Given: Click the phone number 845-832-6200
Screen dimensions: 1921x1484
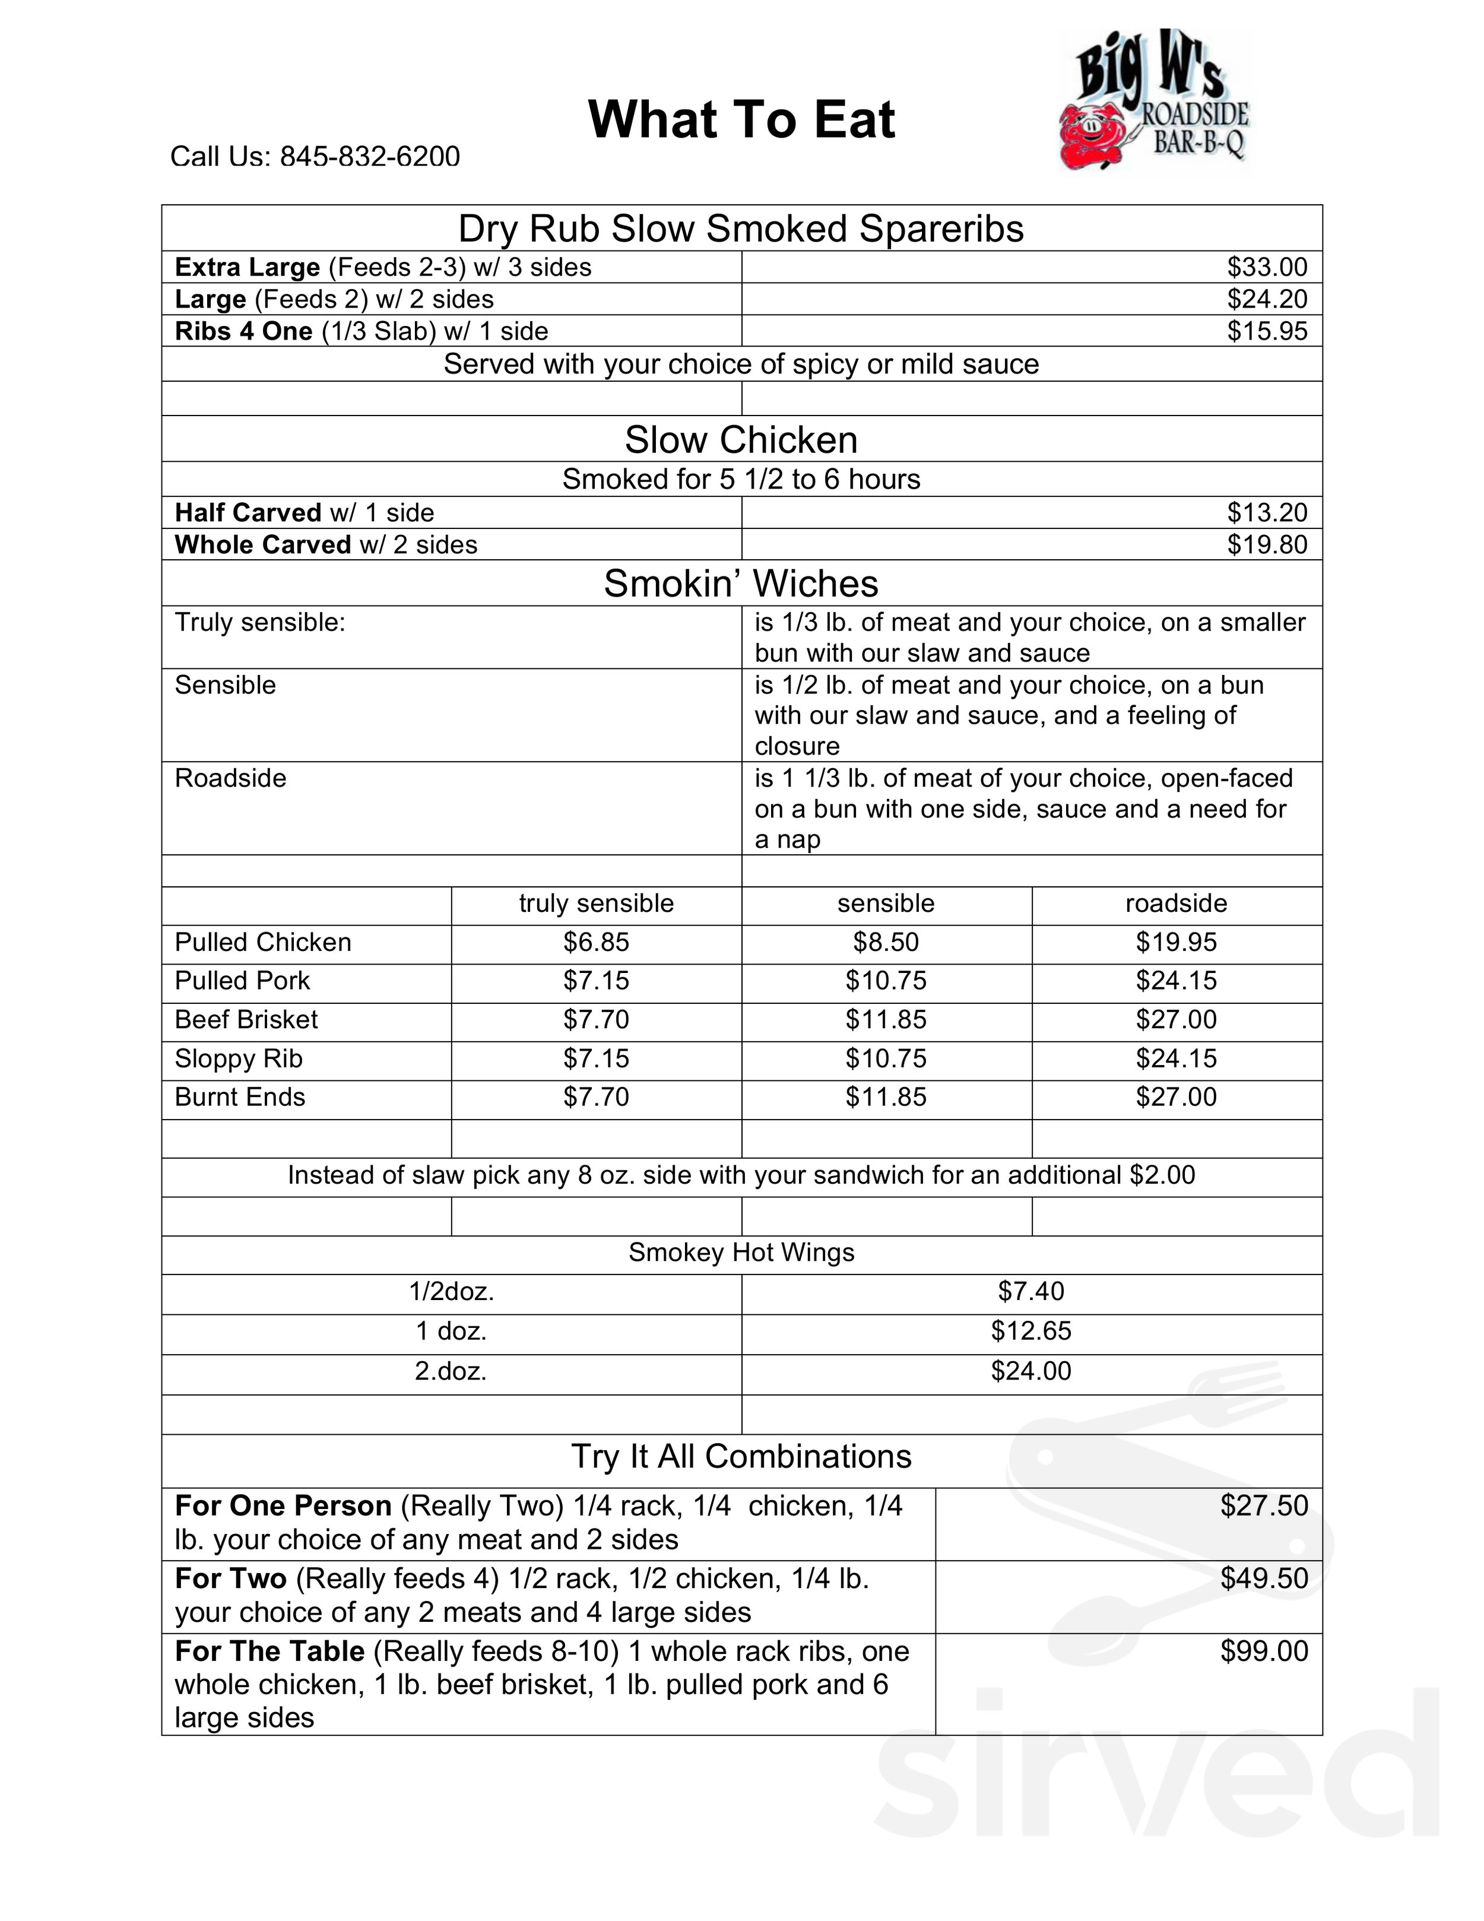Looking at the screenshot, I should [x=369, y=157].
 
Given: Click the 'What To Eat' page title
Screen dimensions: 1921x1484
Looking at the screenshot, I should [x=741, y=120].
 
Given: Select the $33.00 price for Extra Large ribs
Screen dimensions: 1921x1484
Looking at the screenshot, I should [x=1267, y=267].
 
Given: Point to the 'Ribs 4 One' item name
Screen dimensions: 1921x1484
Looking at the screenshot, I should [x=243, y=332].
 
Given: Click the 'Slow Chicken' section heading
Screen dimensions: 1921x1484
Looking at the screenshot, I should [x=741, y=440].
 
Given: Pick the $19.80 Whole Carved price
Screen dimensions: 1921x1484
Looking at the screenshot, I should [x=1267, y=544].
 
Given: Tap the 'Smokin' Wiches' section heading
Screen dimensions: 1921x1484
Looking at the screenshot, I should [x=741, y=584].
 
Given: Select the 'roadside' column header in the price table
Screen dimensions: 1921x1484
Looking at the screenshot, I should [x=1176, y=904].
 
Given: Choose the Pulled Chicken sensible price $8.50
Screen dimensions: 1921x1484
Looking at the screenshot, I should [x=886, y=942].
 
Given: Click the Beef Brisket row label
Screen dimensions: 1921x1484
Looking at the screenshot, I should [x=246, y=1019].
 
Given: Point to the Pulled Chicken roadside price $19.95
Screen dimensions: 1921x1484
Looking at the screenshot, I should [x=1176, y=942].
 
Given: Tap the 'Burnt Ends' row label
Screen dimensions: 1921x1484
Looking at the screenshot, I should [x=240, y=1097].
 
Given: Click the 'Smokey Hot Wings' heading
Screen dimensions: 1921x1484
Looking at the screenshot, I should [x=741, y=1253].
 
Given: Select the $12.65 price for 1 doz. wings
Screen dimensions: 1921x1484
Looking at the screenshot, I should [x=1031, y=1331].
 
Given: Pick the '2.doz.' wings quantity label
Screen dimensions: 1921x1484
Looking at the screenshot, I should [x=451, y=1371].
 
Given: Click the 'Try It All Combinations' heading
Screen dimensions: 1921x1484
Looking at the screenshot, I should [x=741, y=1457].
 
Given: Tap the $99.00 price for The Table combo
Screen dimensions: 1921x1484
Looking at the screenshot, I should [x=1264, y=1651].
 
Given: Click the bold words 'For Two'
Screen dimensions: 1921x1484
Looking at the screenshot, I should [x=230, y=1579].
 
